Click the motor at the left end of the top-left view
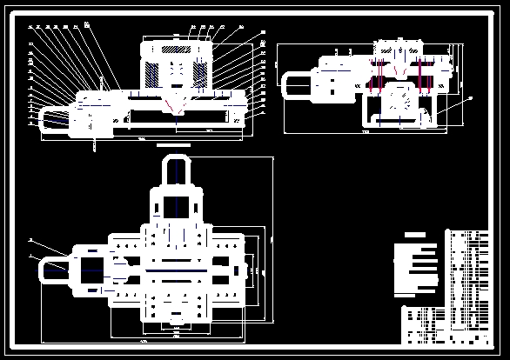(54, 117)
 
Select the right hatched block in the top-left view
(202, 66)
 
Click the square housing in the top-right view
(399, 100)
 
